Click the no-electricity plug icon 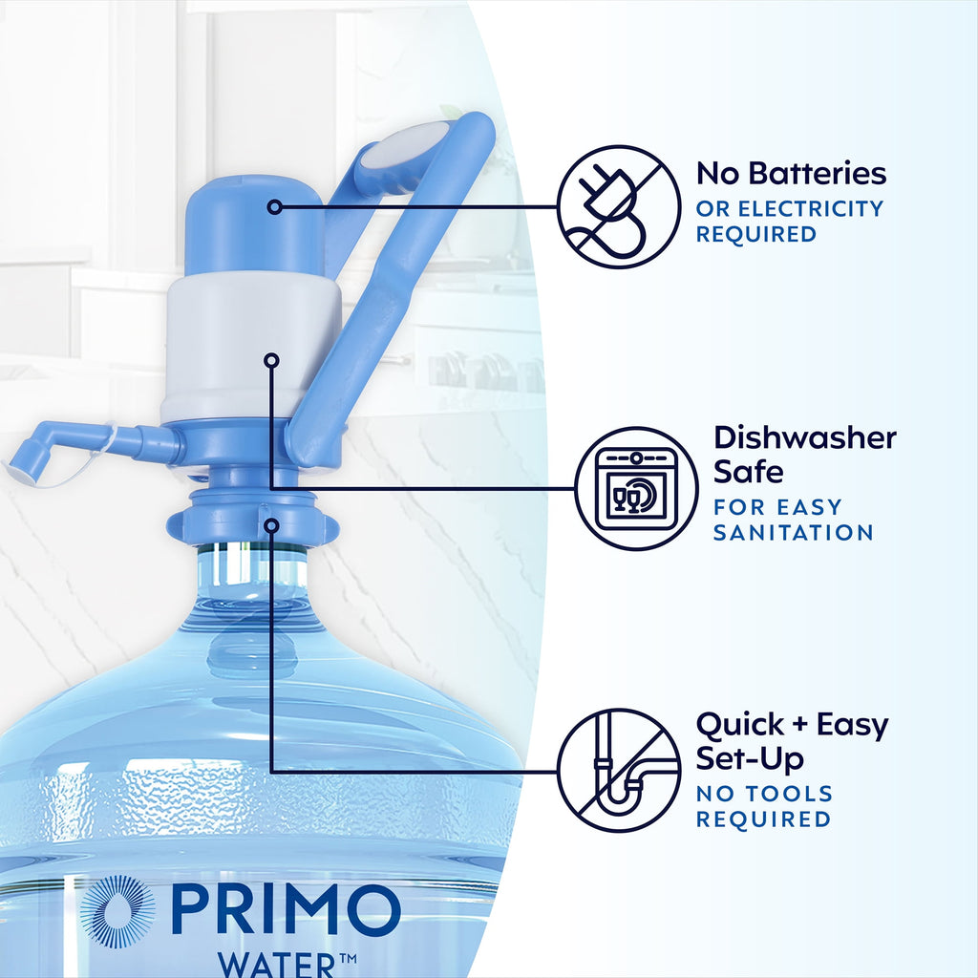[x=618, y=206]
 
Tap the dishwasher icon [x=636, y=488]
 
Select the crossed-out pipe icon [x=619, y=771]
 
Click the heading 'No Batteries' [x=791, y=174]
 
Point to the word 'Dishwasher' [x=805, y=438]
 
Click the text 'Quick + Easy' [x=792, y=725]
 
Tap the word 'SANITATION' [x=793, y=532]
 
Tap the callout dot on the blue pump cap [x=275, y=206]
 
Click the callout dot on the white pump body [x=272, y=360]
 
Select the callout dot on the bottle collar [x=272, y=524]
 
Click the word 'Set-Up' [x=749, y=759]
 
